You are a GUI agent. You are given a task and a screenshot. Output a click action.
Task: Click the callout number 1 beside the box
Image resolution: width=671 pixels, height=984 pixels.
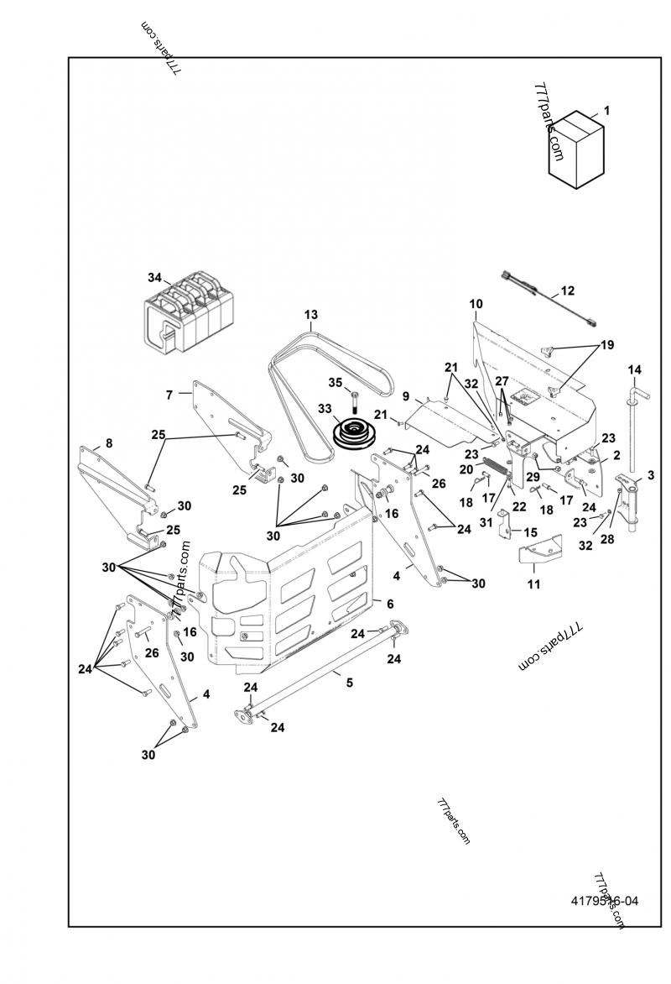pos(606,110)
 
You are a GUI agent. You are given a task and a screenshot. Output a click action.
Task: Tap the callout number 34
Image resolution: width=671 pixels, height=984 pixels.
pos(153,277)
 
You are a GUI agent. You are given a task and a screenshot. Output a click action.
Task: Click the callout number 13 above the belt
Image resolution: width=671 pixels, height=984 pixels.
pos(311,315)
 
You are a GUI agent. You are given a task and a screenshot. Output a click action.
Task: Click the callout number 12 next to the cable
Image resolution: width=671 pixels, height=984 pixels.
pos(568,290)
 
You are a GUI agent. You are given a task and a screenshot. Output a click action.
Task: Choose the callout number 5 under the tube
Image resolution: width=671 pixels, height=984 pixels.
pos(349,683)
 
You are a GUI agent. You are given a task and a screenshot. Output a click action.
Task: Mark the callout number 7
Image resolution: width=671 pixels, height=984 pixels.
pos(169,394)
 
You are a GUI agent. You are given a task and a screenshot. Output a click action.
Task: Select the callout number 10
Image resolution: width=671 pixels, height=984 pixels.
pos(476,303)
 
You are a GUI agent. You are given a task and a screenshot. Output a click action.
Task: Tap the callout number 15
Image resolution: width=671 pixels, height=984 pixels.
pos(530,532)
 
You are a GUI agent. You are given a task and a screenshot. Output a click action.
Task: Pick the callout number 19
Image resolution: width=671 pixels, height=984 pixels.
pos(606,346)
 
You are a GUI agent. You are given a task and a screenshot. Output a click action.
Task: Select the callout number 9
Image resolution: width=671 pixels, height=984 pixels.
pos(406,395)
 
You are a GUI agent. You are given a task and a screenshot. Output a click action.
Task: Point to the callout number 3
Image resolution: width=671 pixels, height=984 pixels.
pos(650,475)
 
